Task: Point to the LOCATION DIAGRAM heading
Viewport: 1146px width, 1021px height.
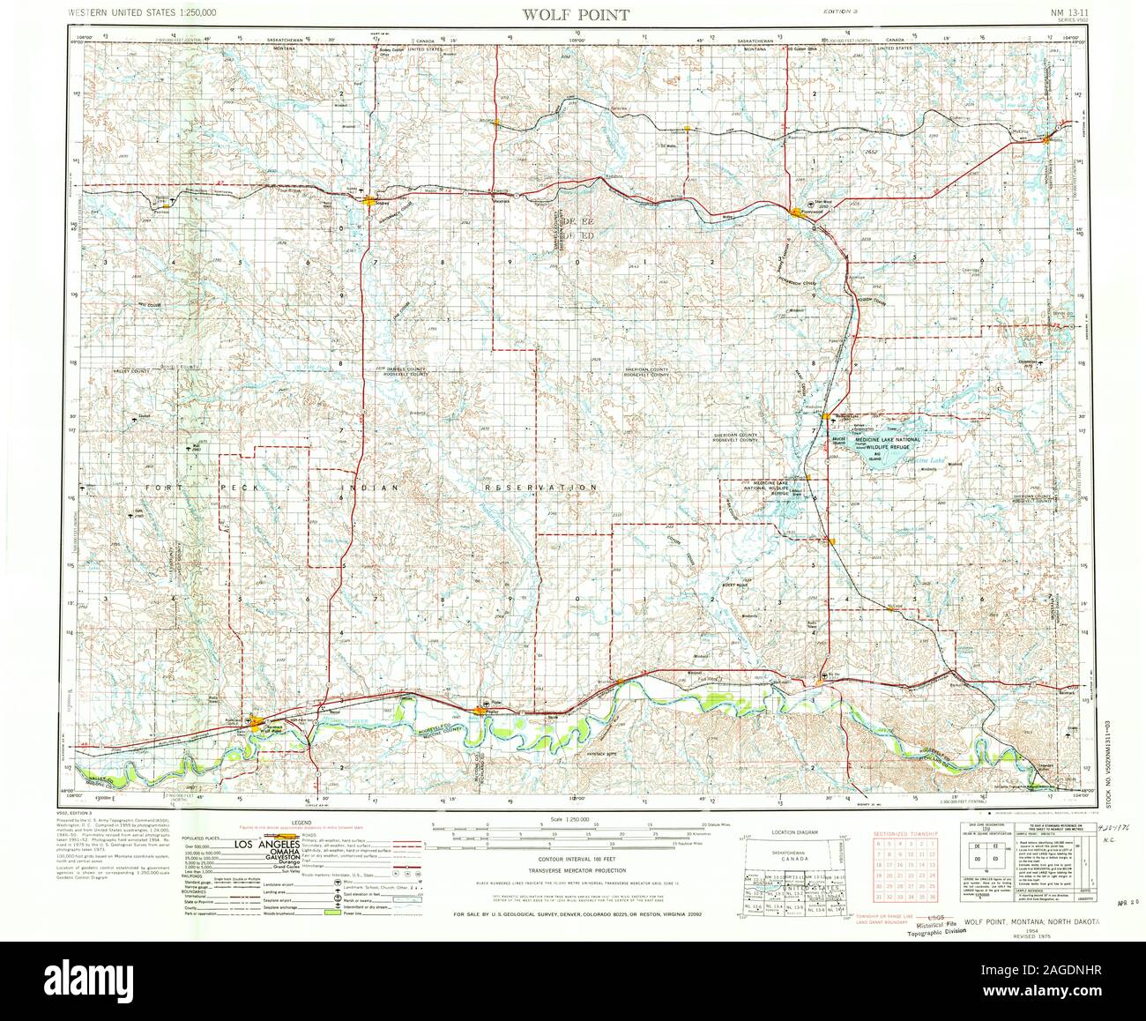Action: pyautogui.click(x=788, y=831)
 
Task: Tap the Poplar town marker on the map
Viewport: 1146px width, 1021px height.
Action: pyautogui.click(x=480, y=711)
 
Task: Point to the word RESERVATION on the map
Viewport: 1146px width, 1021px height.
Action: pyautogui.click(x=540, y=487)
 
